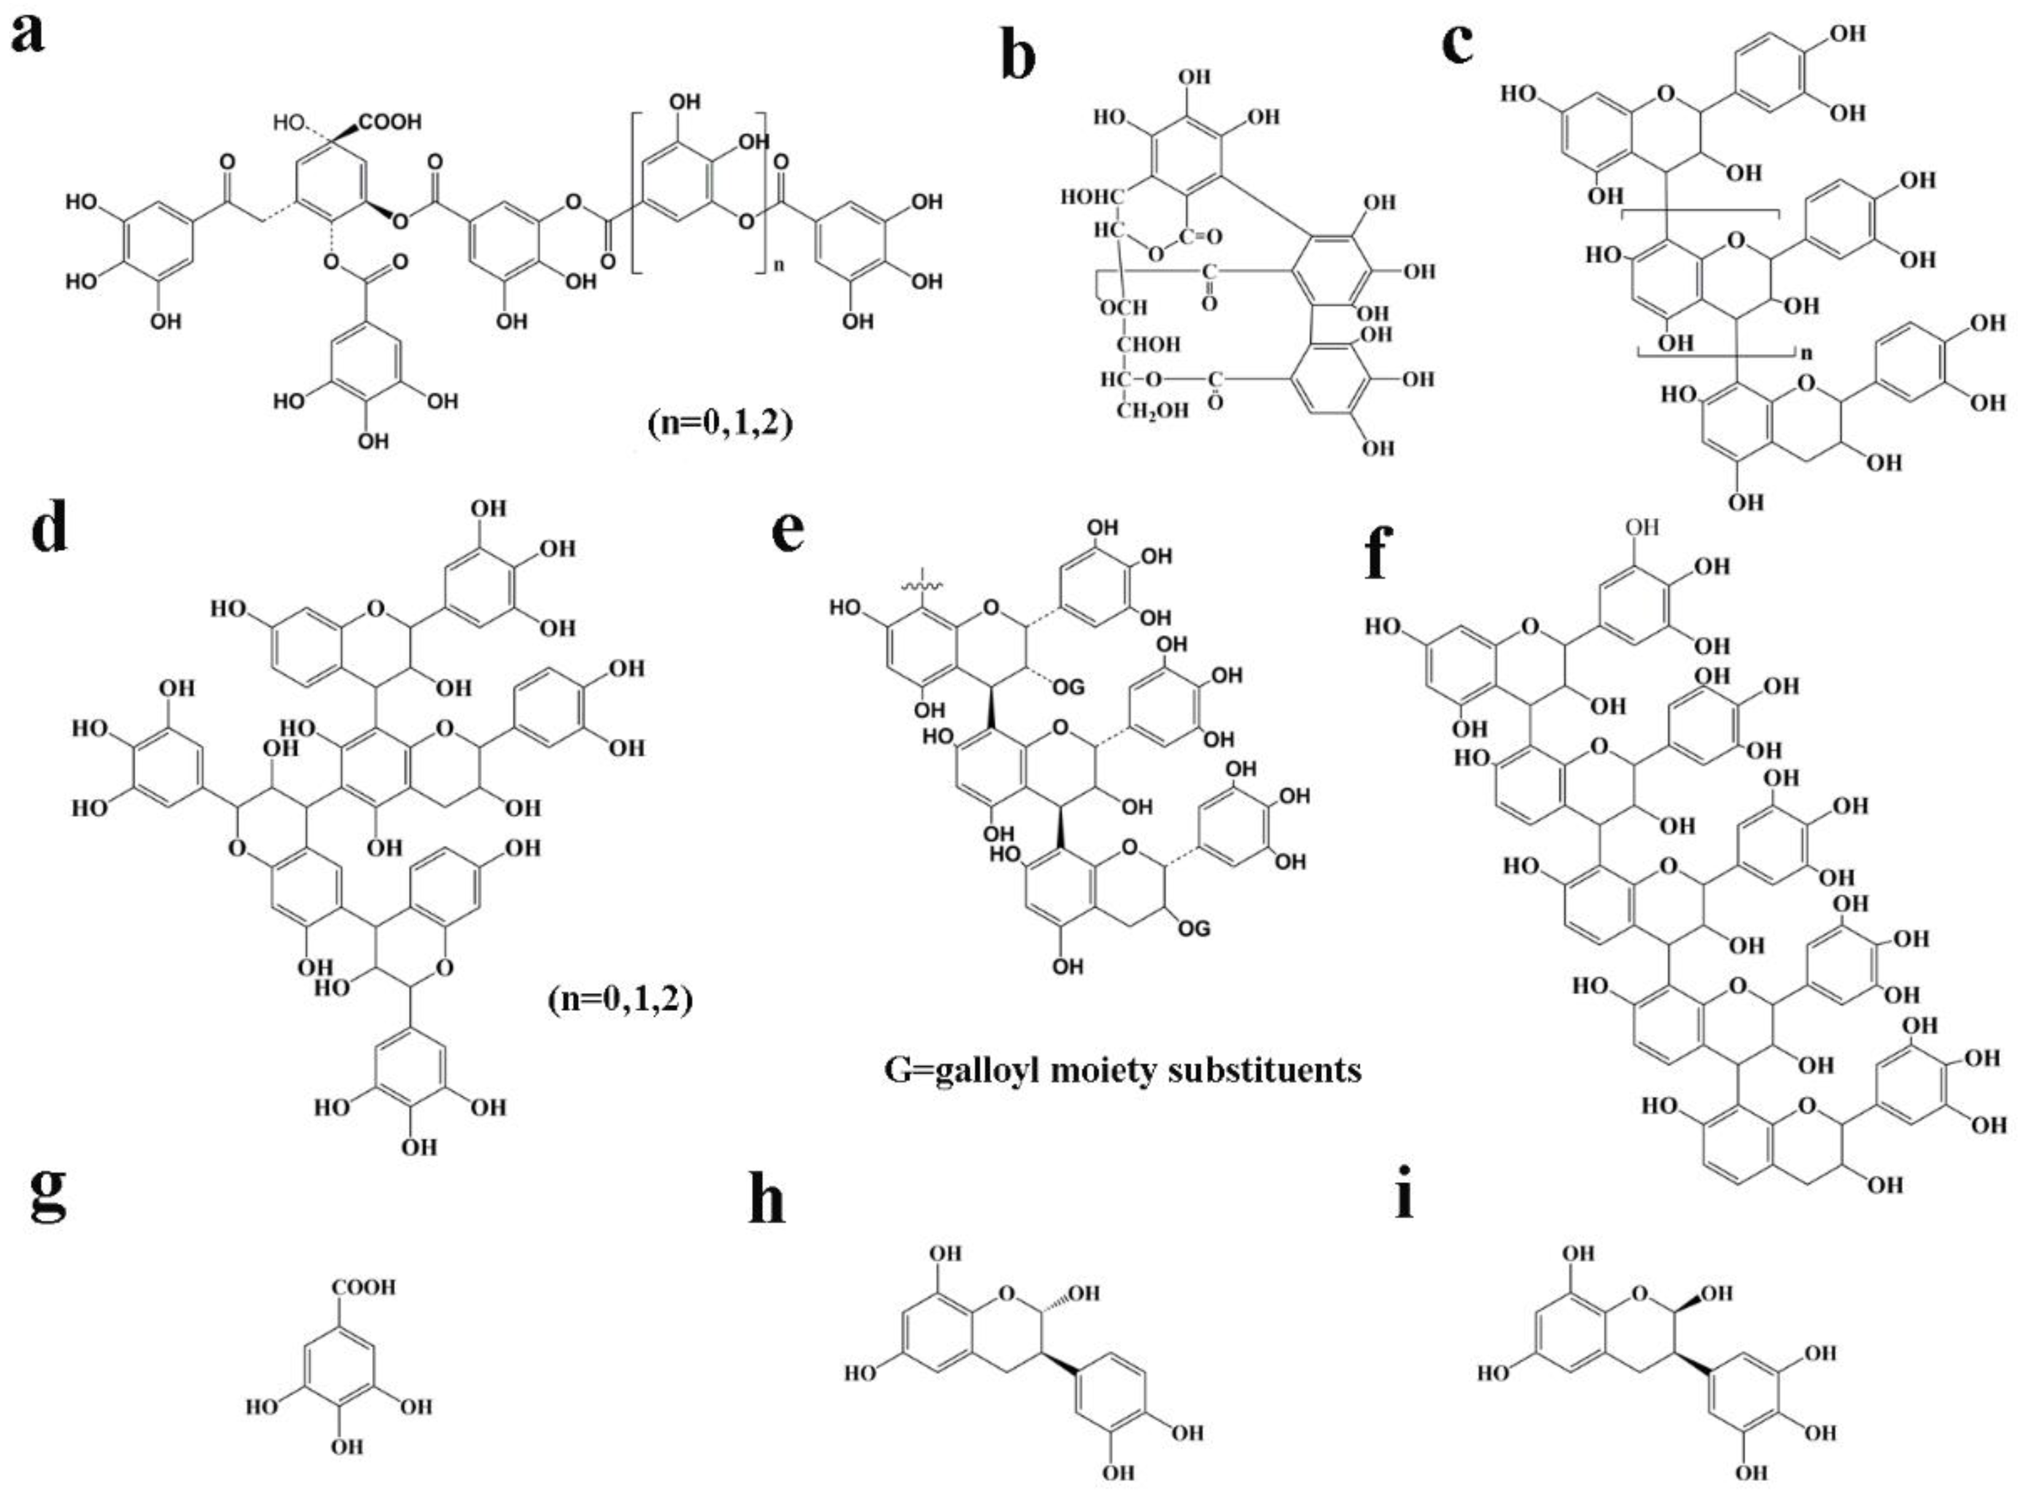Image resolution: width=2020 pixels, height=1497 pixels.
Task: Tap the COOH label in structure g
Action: [x=363, y=1286]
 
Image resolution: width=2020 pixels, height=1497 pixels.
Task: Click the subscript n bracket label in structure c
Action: [x=1806, y=354]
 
